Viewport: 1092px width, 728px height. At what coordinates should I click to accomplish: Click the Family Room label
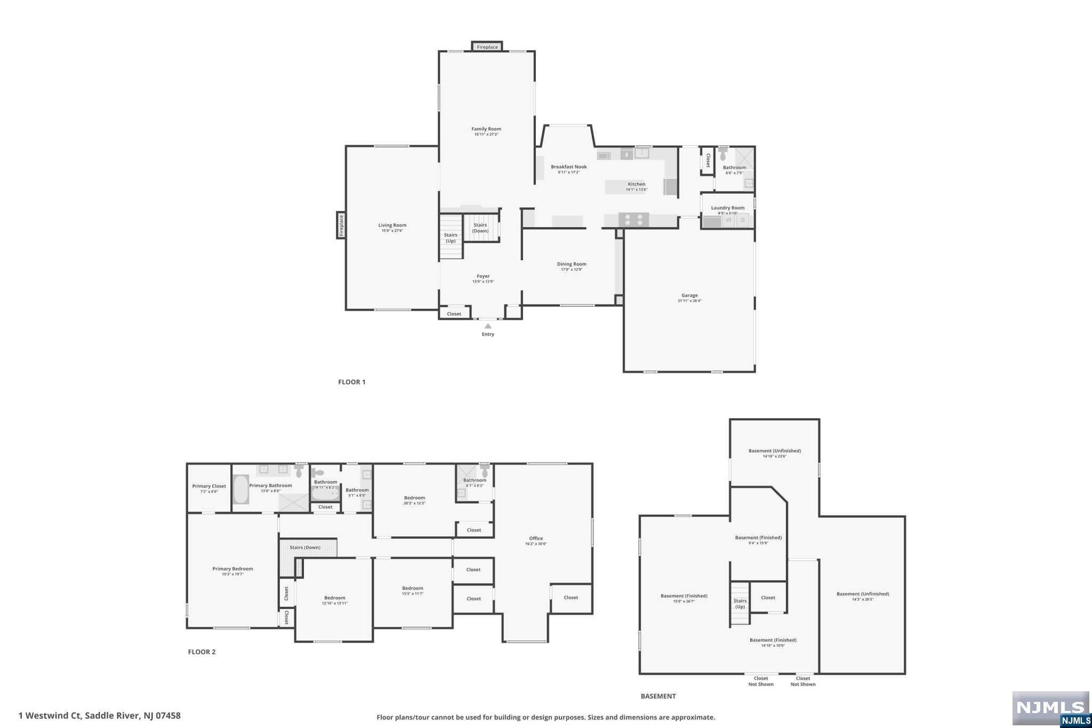pos(486,129)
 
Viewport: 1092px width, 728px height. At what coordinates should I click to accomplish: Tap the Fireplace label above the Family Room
pos(487,47)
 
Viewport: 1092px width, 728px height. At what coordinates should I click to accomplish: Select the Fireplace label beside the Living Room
pos(341,225)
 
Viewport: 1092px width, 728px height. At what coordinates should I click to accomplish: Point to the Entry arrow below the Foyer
pos(487,326)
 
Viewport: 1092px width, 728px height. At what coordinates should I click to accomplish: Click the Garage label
pos(689,295)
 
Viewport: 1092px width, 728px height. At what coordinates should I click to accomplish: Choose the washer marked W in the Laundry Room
pos(728,220)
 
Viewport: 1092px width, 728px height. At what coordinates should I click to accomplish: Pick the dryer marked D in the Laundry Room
pos(742,220)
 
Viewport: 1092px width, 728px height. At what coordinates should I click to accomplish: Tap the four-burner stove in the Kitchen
pos(633,220)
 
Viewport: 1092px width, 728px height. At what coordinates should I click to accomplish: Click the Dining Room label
pos(572,264)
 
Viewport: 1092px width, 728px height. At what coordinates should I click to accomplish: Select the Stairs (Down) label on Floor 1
pos(480,228)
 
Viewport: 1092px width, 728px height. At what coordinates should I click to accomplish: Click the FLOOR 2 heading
pos(202,652)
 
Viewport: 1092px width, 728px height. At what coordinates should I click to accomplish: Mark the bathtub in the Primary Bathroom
pos(241,489)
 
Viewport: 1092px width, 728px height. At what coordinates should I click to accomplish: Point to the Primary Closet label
pos(209,486)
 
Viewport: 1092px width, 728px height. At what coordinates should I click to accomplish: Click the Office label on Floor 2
pos(536,539)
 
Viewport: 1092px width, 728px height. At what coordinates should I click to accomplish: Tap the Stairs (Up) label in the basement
pos(740,604)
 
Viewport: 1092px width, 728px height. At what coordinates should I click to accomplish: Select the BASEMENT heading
pos(658,696)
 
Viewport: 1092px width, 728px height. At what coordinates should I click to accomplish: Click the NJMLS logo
pos(1050,708)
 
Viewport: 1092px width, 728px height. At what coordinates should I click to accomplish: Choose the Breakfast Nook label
pos(569,167)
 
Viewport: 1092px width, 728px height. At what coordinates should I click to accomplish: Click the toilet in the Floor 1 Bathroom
pos(723,154)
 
